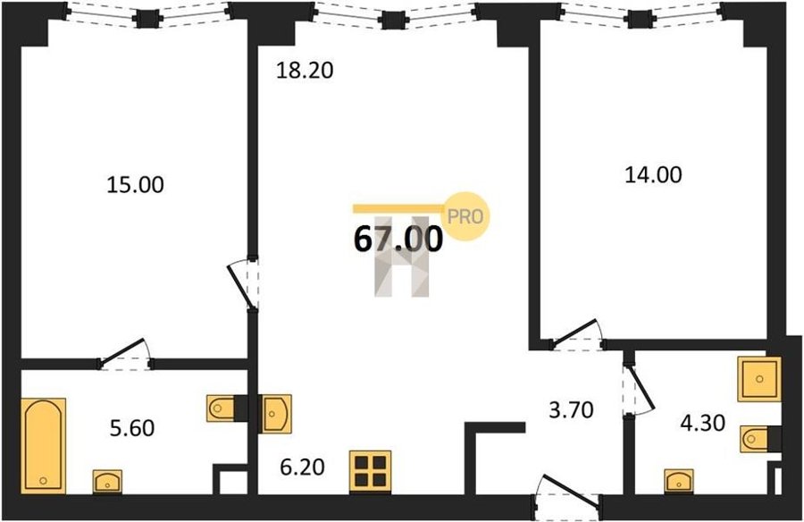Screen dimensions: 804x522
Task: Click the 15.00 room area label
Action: pos(136,185)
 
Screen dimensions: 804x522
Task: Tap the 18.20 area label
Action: pos(305,71)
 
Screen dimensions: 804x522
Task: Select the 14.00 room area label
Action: pos(653,175)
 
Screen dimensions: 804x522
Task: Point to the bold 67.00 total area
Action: pos(398,240)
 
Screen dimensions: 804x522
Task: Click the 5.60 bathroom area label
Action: pos(132,427)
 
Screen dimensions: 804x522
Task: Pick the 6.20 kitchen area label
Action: pos(303,467)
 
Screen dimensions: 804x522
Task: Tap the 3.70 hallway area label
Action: pos(571,410)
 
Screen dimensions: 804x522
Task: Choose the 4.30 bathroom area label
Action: pos(702,424)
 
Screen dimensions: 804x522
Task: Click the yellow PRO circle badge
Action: pos(465,216)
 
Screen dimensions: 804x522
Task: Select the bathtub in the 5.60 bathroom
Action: pos(44,446)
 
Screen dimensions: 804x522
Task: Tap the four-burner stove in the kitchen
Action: pos(370,473)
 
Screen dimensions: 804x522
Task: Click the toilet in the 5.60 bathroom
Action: pos(221,408)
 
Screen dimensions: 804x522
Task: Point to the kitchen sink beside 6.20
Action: pos(277,413)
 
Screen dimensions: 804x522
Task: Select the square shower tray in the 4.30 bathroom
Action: pos(759,379)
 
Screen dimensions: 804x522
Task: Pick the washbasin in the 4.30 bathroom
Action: pos(680,482)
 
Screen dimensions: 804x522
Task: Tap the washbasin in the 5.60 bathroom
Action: pos(108,482)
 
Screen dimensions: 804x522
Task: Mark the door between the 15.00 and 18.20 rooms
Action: pos(244,284)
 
